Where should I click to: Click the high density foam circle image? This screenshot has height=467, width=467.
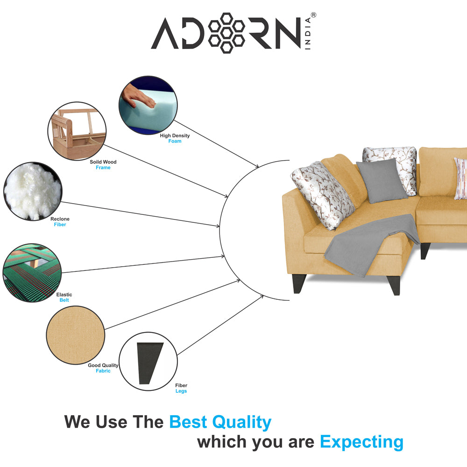148,105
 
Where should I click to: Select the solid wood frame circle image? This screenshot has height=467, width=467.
77,131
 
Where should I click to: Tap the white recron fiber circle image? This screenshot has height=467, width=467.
33,191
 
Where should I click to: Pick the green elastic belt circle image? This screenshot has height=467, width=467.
32,273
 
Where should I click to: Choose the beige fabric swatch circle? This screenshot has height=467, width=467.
76,335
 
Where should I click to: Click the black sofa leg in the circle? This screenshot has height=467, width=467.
149,363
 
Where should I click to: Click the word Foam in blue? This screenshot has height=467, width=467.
175,141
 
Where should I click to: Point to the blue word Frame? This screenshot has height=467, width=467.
103,168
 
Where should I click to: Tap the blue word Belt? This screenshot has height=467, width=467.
64,300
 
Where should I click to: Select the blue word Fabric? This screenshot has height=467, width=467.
103,371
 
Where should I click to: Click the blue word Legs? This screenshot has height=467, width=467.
181,391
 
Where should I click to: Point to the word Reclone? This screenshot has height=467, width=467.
60,219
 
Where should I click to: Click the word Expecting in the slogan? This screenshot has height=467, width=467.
361,442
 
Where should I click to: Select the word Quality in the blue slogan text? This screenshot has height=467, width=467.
241,422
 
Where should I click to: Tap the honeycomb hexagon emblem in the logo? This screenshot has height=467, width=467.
226,33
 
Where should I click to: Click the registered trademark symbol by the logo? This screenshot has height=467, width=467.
313,15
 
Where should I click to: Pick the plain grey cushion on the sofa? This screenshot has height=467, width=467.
382,181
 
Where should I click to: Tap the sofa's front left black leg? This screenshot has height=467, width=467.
299,283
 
